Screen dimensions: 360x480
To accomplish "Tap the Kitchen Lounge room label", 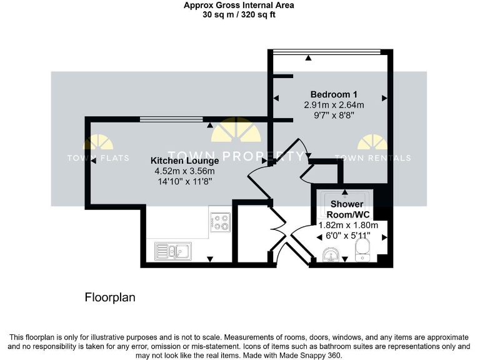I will click(x=184, y=161).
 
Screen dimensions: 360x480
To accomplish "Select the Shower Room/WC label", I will click(x=346, y=209).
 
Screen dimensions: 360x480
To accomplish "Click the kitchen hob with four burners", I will click(x=221, y=222).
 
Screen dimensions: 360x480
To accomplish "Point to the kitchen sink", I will click(x=173, y=251).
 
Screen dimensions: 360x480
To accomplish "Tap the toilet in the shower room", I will click(x=362, y=251).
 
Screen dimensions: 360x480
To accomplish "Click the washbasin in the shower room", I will click(x=331, y=254).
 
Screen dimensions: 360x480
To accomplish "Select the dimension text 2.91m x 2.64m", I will click(x=334, y=104).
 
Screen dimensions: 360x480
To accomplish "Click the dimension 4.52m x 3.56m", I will click(x=184, y=171).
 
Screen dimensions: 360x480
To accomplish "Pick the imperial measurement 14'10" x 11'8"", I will click(x=184, y=181).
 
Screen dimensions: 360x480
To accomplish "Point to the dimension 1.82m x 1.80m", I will click(x=348, y=225).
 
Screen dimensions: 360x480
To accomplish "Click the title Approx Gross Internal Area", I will click(x=239, y=6).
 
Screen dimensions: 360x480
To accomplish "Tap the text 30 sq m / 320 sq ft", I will click(x=239, y=15).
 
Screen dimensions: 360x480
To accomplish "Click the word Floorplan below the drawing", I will click(x=110, y=297).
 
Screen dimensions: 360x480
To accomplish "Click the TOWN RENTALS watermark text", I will click(x=372, y=158).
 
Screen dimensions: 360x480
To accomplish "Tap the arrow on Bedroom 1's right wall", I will click(x=384, y=98).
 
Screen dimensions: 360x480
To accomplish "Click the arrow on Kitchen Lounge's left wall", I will click(x=93, y=161).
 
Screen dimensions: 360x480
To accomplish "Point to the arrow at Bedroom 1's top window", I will click(x=309, y=58).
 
